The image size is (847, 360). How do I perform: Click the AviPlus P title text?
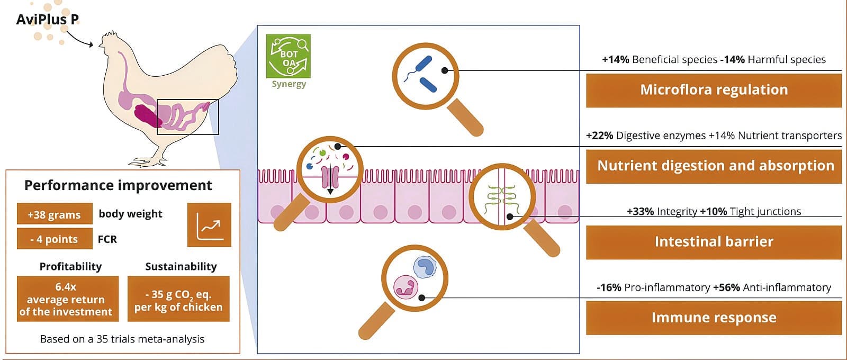[x=47, y=20]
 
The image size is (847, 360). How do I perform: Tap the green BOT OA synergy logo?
[x=288, y=56]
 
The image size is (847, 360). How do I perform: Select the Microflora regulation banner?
[x=714, y=91]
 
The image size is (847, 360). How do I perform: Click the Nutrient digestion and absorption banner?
[x=714, y=166]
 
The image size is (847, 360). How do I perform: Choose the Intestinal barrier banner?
[x=714, y=242]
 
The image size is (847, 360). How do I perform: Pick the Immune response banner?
[x=714, y=318]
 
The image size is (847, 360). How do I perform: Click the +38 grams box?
[x=55, y=214]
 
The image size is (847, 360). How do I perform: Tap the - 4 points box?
[x=55, y=239]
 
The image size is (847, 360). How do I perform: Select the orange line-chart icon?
[x=209, y=225]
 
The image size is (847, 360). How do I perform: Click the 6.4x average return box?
[x=68, y=299]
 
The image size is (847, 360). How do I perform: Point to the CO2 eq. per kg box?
[x=178, y=299]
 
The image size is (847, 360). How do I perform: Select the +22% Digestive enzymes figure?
[x=645, y=136]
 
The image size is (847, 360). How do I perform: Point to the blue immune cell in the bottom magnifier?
[x=425, y=267]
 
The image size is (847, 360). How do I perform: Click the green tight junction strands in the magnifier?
[x=501, y=200]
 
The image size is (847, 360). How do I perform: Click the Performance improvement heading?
[x=119, y=185]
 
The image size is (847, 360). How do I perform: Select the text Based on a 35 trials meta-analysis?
[x=122, y=339]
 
